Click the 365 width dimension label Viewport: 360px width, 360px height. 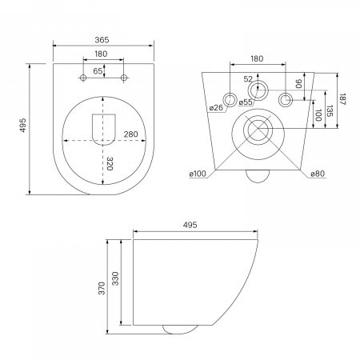click(102, 40)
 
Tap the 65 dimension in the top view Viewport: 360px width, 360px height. click(98, 71)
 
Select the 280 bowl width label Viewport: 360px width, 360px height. click(130, 134)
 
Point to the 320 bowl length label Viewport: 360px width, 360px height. click(110, 164)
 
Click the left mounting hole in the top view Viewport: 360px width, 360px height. click(83, 78)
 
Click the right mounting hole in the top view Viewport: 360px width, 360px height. click(124, 78)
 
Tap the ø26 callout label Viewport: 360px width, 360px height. click(216, 108)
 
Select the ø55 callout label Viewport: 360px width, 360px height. click(246, 102)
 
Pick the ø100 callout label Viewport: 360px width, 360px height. click(198, 174)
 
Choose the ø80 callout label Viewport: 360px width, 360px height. click(318, 174)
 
